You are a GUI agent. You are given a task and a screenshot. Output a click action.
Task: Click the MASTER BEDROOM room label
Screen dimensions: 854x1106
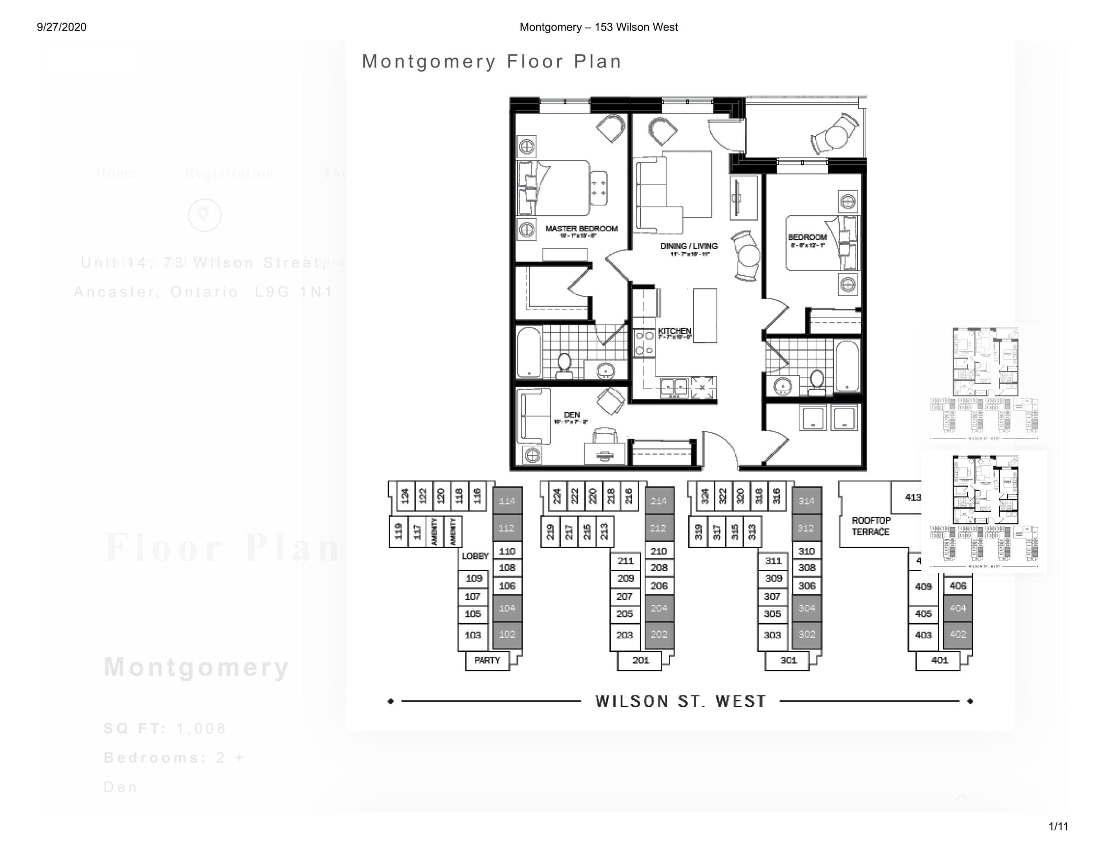582,229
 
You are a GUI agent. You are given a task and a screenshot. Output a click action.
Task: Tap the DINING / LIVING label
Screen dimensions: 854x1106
689,247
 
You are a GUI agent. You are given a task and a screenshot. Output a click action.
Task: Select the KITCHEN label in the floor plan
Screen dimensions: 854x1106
674,331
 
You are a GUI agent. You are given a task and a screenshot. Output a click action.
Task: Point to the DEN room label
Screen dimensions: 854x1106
572,415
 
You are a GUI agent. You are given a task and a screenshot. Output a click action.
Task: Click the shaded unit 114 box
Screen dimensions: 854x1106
507,501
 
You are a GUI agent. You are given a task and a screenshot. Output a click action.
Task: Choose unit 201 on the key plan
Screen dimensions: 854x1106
640,660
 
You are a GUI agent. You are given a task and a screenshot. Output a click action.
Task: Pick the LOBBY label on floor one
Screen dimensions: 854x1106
475,556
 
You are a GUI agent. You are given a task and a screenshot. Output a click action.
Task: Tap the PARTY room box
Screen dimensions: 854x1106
486,660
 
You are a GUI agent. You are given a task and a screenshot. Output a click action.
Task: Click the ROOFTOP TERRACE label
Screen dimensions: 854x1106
871,526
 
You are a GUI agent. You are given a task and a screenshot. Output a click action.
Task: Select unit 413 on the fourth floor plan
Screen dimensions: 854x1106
912,497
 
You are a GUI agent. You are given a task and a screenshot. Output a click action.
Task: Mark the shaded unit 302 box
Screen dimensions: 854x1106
806,634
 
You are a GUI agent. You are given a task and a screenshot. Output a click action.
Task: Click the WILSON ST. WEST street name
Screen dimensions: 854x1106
680,701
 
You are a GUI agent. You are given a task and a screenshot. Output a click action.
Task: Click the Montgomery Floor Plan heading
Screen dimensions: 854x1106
492,61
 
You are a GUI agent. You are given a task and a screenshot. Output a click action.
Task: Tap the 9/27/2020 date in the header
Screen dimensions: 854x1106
61,27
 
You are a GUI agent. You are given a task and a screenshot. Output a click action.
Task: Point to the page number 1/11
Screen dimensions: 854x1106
1058,826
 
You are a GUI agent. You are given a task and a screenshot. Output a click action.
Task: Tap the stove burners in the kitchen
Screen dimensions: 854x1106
644,343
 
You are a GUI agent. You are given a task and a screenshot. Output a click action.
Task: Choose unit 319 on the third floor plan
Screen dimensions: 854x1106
698,531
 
